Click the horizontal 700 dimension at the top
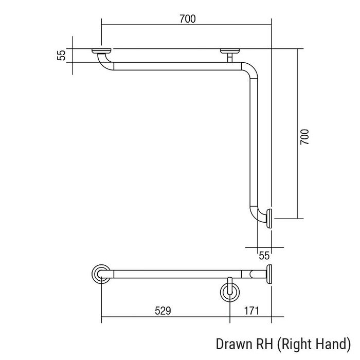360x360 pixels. click(x=188, y=19)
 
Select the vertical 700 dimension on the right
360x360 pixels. click(x=304, y=137)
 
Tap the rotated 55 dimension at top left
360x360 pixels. click(x=61, y=56)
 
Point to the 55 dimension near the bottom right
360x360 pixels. click(x=264, y=256)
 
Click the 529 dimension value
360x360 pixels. click(x=163, y=311)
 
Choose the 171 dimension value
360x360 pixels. click(x=251, y=311)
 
